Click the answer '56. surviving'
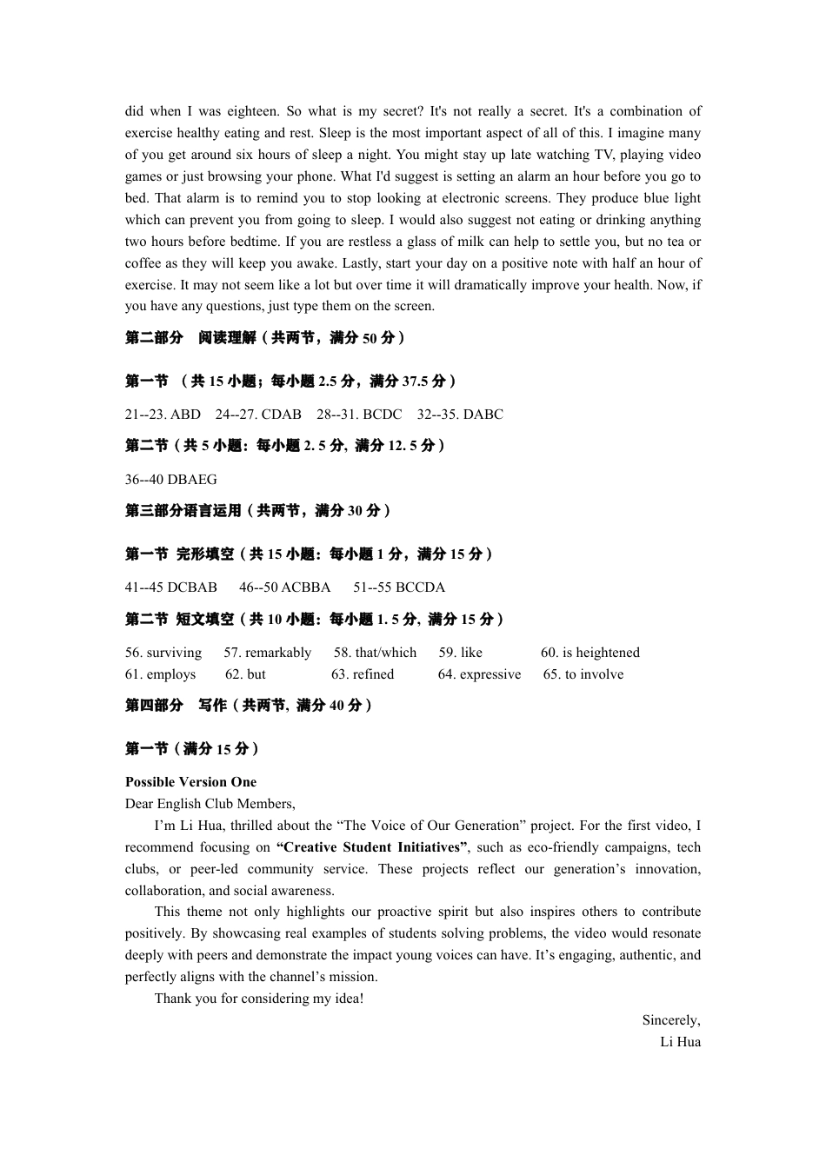pos(163,653)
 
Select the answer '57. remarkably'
pos(267,653)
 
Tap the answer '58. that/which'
pos(375,653)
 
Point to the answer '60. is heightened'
pos(590,653)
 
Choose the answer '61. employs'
pos(160,674)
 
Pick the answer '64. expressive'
pos(479,674)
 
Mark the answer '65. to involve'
pos(583,674)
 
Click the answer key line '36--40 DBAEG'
pos(170,480)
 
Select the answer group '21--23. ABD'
pos(163,415)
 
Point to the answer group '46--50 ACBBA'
pos(284,587)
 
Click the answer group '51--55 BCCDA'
pos(399,587)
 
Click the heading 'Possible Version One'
pos(190,782)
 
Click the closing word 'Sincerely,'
pos(670,1020)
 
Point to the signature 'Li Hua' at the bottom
pos(680,1042)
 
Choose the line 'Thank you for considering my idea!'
pos(259,999)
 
